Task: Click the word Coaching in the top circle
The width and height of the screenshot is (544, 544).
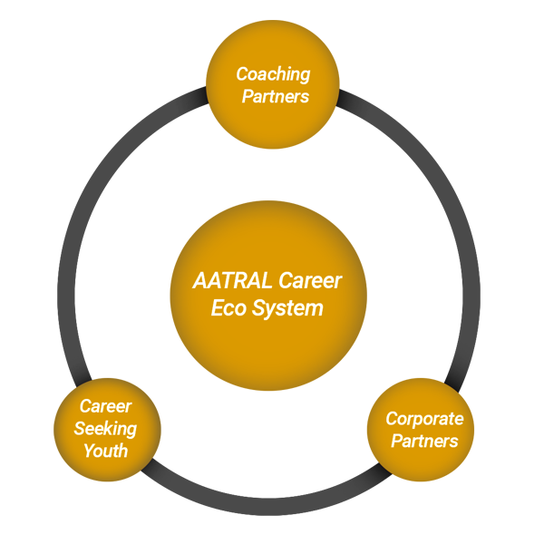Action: tap(273, 74)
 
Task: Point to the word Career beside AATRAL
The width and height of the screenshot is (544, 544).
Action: tap(310, 280)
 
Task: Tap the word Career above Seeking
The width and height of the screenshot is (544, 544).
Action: tap(105, 406)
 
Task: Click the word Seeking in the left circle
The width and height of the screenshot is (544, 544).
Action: tap(105, 428)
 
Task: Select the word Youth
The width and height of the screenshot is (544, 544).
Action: tap(105, 451)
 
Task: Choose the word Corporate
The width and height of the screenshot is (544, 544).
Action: tap(424, 419)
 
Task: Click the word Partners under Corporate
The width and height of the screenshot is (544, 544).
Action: tap(424, 442)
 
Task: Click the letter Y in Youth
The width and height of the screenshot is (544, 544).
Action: tap(88, 451)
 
